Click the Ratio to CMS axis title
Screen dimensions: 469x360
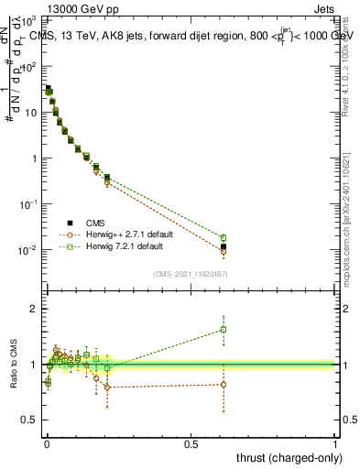point(13,365)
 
